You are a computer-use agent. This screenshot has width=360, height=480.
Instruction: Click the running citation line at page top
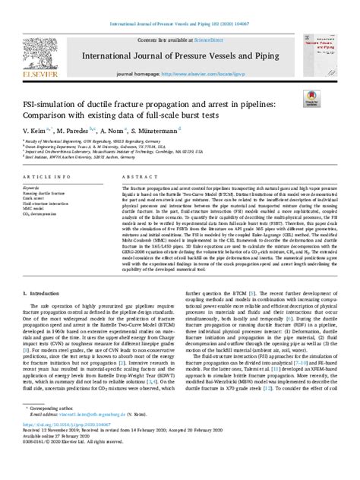click(180, 6)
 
